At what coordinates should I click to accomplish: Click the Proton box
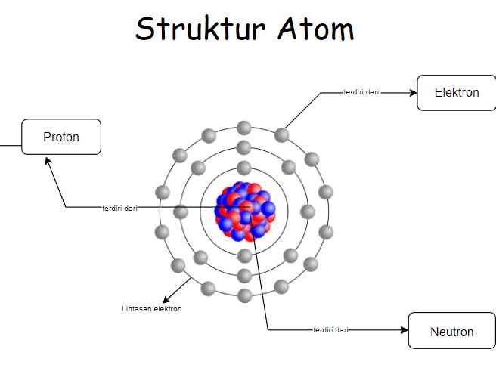tap(61, 137)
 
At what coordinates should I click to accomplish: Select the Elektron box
tap(456, 93)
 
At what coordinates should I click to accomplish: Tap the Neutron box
tap(451, 331)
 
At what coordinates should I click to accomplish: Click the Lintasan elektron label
tap(152, 309)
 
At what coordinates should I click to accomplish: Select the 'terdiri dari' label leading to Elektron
tap(361, 93)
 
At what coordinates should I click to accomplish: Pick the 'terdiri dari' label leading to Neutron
tap(330, 330)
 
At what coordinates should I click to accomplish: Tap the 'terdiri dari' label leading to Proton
tap(120, 208)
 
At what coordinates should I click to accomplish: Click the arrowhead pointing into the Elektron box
tap(413, 93)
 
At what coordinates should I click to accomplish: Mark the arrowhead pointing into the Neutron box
tap(404, 330)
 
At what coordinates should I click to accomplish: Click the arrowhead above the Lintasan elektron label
tap(166, 299)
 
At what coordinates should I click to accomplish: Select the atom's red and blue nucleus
tap(244, 211)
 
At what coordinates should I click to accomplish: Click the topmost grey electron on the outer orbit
tap(243, 128)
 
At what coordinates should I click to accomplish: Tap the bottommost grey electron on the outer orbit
tap(244, 295)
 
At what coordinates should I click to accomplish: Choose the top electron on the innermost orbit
tap(243, 168)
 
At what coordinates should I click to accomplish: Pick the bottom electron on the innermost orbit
tap(243, 255)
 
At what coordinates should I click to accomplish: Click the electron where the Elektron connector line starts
tap(281, 135)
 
